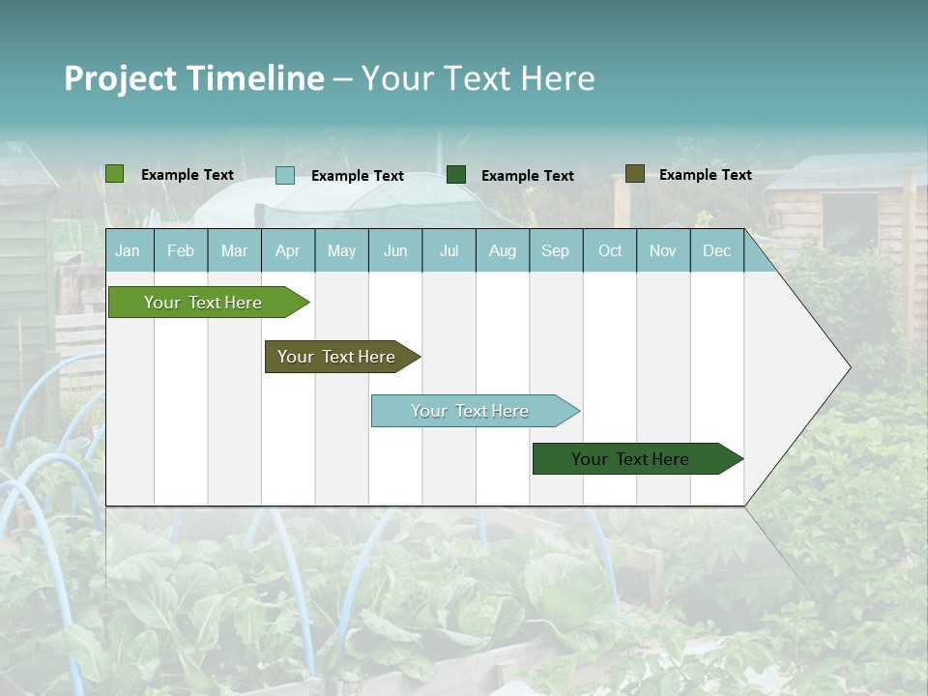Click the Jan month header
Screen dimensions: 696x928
[128, 250]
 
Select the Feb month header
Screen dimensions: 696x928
[181, 250]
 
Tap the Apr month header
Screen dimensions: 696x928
[287, 250]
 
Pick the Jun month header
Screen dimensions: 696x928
[395, 250]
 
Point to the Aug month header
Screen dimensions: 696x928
[502, 250]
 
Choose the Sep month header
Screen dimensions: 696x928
[555, 250]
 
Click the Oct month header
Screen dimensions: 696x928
[610, 250]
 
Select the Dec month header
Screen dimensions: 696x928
[716, 250]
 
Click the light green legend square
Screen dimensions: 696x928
[115, 174]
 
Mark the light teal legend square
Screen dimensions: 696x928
[285, 175]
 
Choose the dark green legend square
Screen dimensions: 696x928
[456, 175]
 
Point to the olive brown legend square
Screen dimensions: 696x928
[634, 174]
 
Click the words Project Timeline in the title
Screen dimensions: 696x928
[194, 78]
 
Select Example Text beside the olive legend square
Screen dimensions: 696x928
[705, 175]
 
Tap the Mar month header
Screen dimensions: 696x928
[234, 250]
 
